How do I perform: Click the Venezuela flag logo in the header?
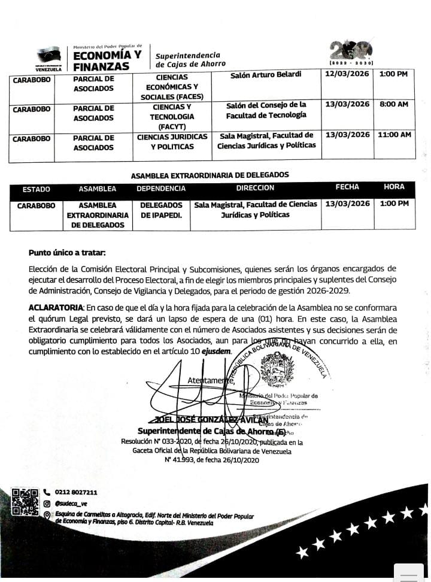point(49,56)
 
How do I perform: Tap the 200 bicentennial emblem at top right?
point(352,50)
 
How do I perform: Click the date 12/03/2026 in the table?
point(347,74)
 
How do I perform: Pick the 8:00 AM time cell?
point(394,104)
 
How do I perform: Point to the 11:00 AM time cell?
point(394,135)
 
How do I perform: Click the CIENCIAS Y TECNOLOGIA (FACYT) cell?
point(172,117)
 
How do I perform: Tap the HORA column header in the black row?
point(394,187)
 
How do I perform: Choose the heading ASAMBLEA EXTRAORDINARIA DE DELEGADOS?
point(210,175)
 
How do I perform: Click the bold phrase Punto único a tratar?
point(67,253)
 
